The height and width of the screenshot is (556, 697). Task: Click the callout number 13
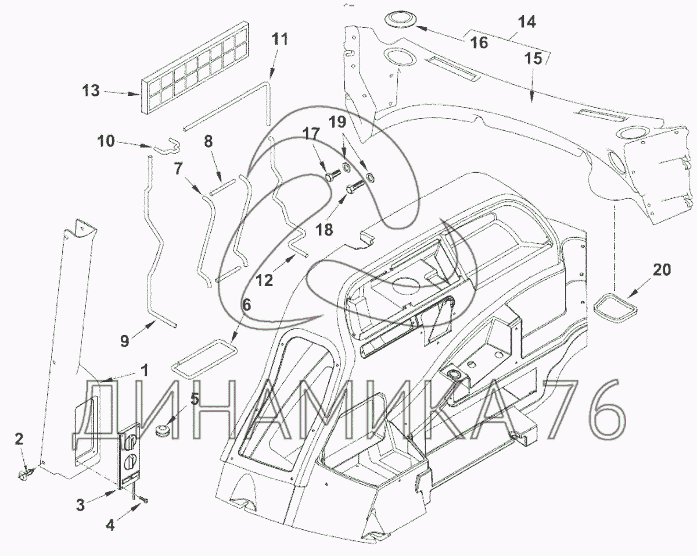pyautogui.click(x=91, y=91)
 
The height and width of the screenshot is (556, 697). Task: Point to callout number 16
pyautogui.click(x=479, y=42)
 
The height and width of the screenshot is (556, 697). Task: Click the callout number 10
pyautogui.click(x=106, y=141)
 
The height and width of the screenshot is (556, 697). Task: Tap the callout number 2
pyautogui.click(x=19, y=439)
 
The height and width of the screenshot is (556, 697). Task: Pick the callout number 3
pyautogui.click(x=81, y=504)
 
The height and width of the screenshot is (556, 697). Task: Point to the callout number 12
pyautogui.click(x=264, y=280)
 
